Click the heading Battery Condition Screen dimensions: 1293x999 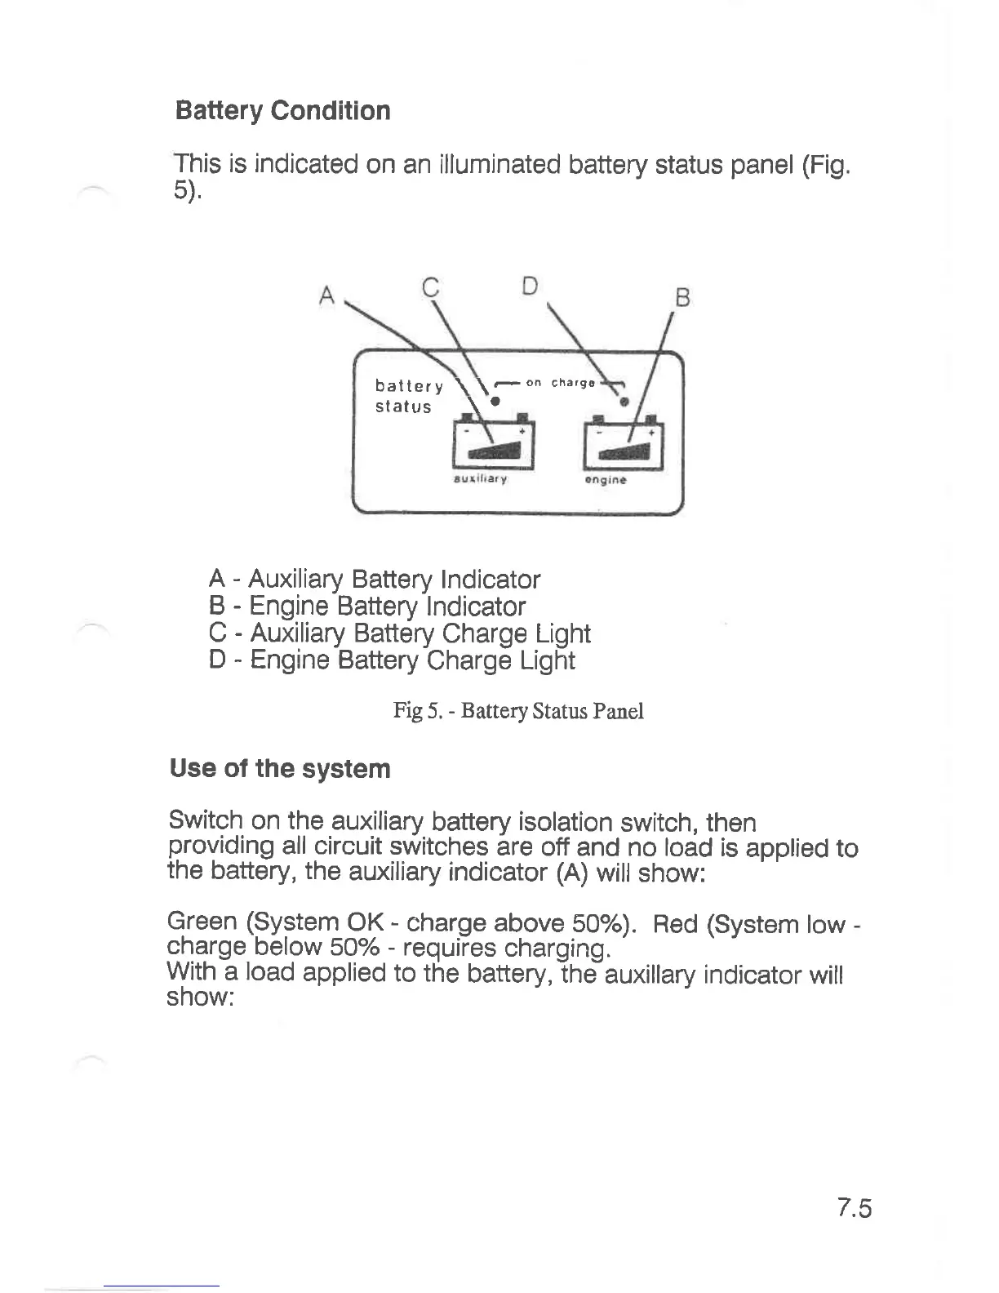click(282, 110)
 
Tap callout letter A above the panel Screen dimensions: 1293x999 click(328, 295)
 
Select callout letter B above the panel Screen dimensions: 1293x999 click(683, 299)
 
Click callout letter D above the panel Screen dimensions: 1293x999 click(531, 286)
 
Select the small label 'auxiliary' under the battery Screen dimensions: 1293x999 click(480, 479)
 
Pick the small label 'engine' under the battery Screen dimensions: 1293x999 click(606, 480)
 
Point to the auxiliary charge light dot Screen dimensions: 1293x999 click(494, 401)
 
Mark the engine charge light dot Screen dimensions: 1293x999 click(624, 402)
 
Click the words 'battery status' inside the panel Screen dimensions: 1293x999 click(408, 396)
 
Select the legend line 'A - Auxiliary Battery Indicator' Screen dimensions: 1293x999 click(375, 580)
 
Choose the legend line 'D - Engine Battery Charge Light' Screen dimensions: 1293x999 click(392, 660)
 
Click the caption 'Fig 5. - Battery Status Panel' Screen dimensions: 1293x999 click(518, 711)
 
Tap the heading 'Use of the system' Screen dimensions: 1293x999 click(280, 768)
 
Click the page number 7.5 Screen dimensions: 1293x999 click(854, 1207)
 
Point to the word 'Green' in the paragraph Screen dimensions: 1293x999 click(202, 922)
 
